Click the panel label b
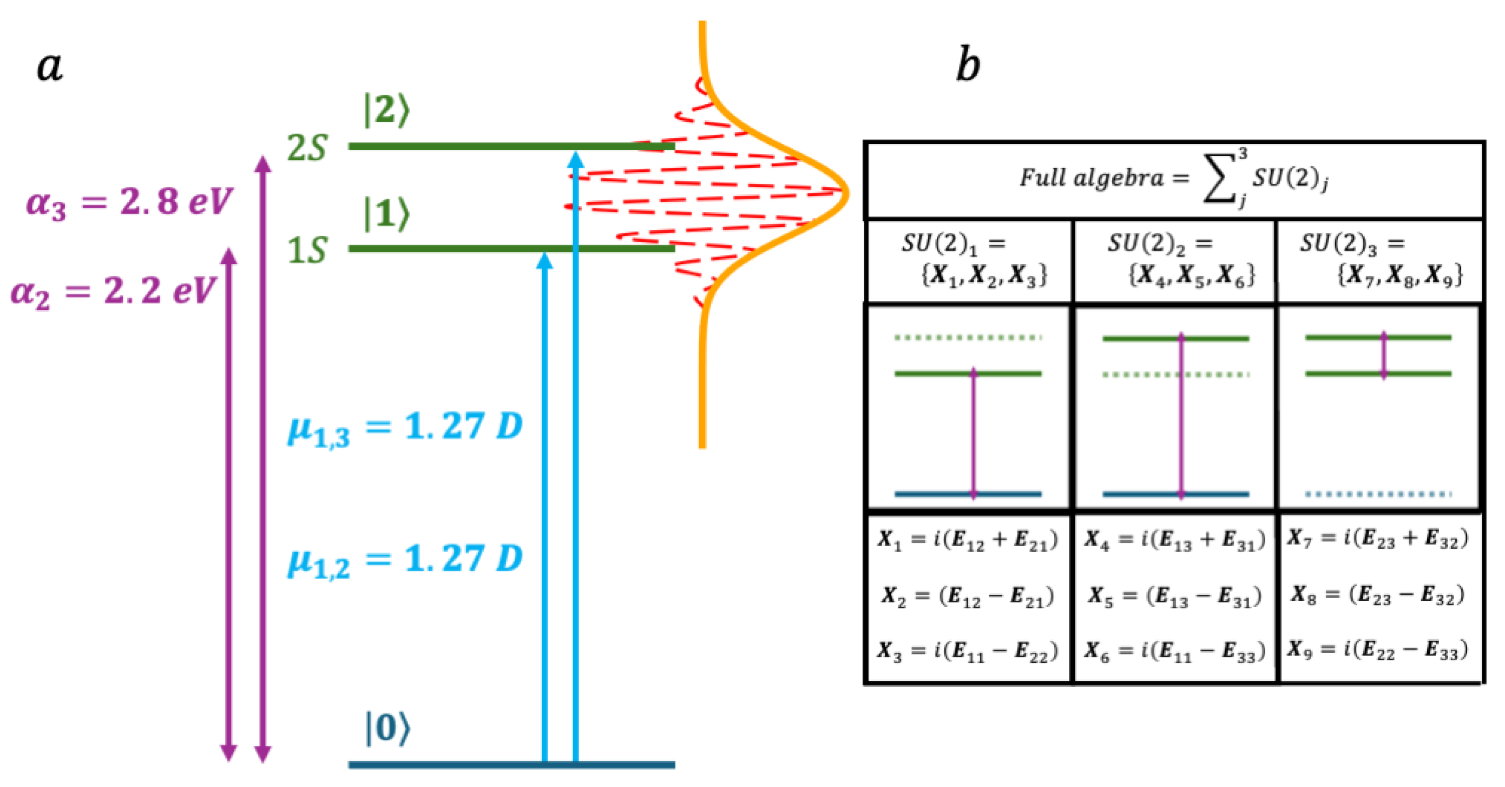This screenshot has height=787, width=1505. tap(968, 65)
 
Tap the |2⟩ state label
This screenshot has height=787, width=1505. tap(386, 110)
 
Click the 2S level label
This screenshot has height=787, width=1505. tap(307, 147)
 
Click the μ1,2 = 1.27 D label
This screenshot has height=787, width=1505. tap(404, 560)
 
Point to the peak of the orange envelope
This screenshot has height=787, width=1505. tap(845, 191)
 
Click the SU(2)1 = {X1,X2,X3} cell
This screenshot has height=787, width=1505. tap(970, 259)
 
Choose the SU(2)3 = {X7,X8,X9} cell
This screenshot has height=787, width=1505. tap(1380, 259)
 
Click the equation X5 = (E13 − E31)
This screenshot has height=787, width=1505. tap(1174, 596)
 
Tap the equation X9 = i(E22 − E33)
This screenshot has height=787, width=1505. tap(1378, 650)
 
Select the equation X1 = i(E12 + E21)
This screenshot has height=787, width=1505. tap(968, 539)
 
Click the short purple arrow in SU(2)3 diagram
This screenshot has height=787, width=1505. tap(1383, 355)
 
